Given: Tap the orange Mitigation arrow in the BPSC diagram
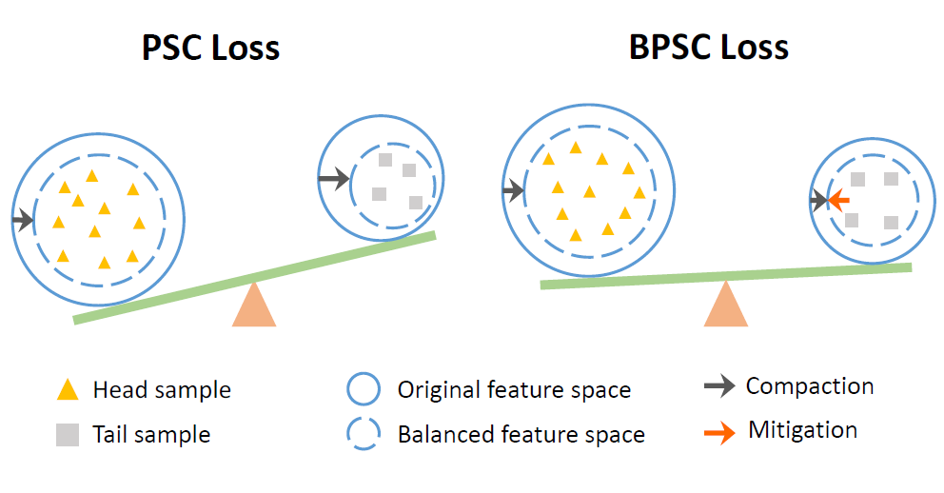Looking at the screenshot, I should tap(838, 201).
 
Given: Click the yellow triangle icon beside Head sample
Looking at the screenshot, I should tap(67, 389).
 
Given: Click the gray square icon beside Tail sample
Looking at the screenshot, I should tap(67, 435).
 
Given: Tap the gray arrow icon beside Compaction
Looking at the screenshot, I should tap(718, 386).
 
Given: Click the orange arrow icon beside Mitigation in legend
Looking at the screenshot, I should tap(718, 432).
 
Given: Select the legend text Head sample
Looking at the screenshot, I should tap(162, 390).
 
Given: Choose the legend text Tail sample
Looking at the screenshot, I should tap(151, 436).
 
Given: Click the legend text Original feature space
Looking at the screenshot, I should tap(514, 390).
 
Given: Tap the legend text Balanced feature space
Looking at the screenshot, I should tap(521, 436).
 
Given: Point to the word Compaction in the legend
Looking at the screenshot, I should tap(810, 386).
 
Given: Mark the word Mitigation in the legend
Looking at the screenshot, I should tap(802, 430).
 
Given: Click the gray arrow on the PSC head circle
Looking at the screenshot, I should tap(23, 221).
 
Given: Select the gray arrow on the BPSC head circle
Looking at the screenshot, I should tap(512, 191).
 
